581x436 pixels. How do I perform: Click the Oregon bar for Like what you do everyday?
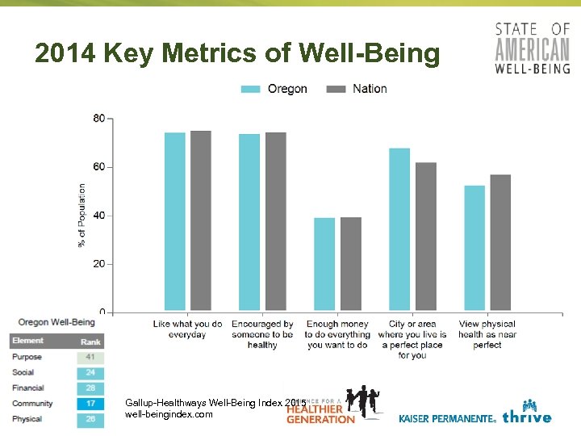[175, 221]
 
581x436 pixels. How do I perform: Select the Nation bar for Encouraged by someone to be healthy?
[275, 221]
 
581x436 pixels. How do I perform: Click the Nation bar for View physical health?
[500, 242]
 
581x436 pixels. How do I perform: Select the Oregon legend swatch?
[251, 89]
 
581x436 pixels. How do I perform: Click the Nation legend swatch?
[336, 89]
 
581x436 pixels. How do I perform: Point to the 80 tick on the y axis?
[99, 119]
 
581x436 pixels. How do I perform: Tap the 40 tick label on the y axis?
[99, 216]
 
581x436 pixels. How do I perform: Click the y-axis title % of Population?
[82, 216]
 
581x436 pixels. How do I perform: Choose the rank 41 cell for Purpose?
[90, 357]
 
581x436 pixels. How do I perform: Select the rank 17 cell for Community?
[90, 404]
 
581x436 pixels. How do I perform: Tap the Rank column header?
[90, 342]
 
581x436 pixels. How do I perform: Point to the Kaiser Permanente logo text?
[447, 419]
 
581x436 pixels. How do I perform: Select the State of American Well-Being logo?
[532, 48]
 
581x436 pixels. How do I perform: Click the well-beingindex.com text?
[169, 414]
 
